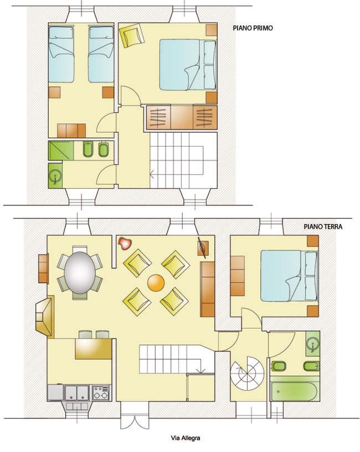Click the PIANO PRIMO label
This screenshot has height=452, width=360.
[253, 28]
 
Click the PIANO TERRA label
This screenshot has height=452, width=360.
[323, 227]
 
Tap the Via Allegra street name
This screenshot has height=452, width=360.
[186, 439]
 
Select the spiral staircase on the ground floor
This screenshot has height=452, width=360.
[248, 373]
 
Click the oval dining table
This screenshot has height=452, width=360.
[80, 273]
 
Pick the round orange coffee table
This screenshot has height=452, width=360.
[156, 283]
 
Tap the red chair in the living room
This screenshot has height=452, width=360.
[125, 243]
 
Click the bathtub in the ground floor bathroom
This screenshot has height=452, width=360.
[295, 391]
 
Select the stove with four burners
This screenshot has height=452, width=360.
[101, 393]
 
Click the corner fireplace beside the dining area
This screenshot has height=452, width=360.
[45, 316]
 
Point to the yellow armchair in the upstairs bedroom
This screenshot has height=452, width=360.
[132, 35]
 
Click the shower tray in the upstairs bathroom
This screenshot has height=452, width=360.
[61, 150]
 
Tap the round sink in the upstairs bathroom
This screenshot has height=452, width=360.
[55, 175]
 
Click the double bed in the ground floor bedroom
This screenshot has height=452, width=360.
[289, 276]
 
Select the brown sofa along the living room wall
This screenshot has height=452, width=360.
[207, 289]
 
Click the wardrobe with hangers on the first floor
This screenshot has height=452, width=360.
[182, 117]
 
